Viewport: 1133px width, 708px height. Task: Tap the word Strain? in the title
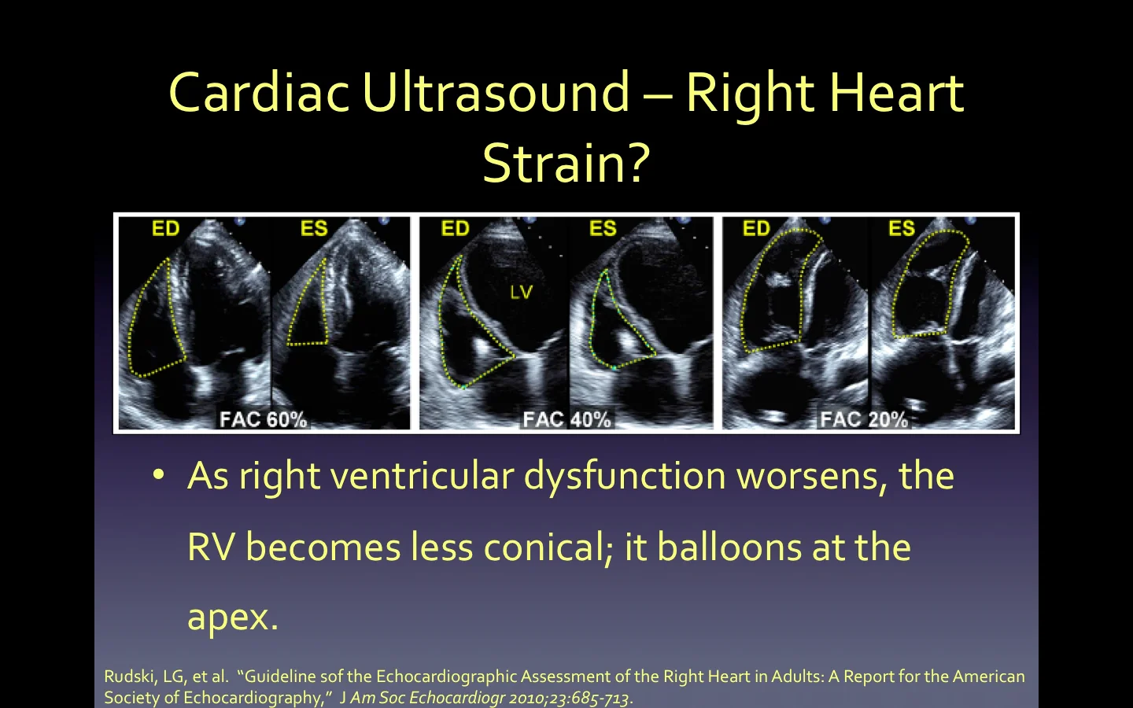tap(566, 164)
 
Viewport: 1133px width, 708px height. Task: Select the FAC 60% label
tap(263, 419)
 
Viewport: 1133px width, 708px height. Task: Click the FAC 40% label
tap(566, 419)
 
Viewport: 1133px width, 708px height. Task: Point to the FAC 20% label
tap(863, 419)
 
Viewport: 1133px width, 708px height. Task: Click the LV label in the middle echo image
tap(521, 293)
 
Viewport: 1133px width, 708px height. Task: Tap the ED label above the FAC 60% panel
tap(165, 229)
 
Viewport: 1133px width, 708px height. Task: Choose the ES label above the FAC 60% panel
tap(314, 229)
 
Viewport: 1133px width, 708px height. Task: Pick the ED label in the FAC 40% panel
tap(455, 229)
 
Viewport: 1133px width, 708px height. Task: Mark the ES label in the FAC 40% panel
tap(603, 229)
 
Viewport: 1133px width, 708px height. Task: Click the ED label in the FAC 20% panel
tap(756, 229)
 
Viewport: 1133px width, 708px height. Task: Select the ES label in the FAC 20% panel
tap(902, 229)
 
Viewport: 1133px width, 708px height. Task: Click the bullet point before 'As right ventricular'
tap(159, 475)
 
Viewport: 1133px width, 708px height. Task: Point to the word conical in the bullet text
tap(548, 548)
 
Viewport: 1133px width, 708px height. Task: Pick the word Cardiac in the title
tap(258, 93)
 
